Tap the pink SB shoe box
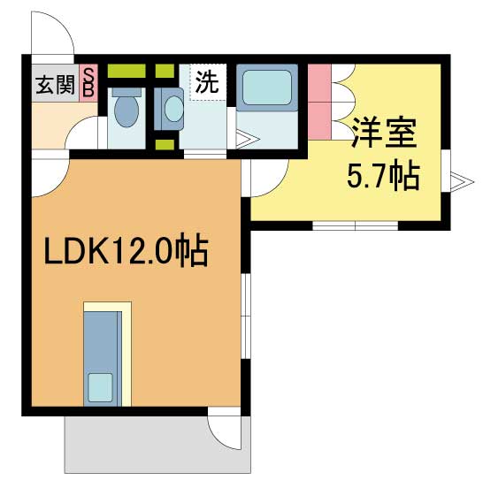[x=88, y=83]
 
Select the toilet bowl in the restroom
[x=126, y=109]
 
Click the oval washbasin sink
[x=172, y=110]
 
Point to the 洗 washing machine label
[x=206, y=84]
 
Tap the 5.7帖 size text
[x=381, y=177]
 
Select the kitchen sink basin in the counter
[x=100, y=386]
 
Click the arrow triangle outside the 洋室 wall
[x=456, y=181]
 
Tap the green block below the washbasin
[x=165, y=143]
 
